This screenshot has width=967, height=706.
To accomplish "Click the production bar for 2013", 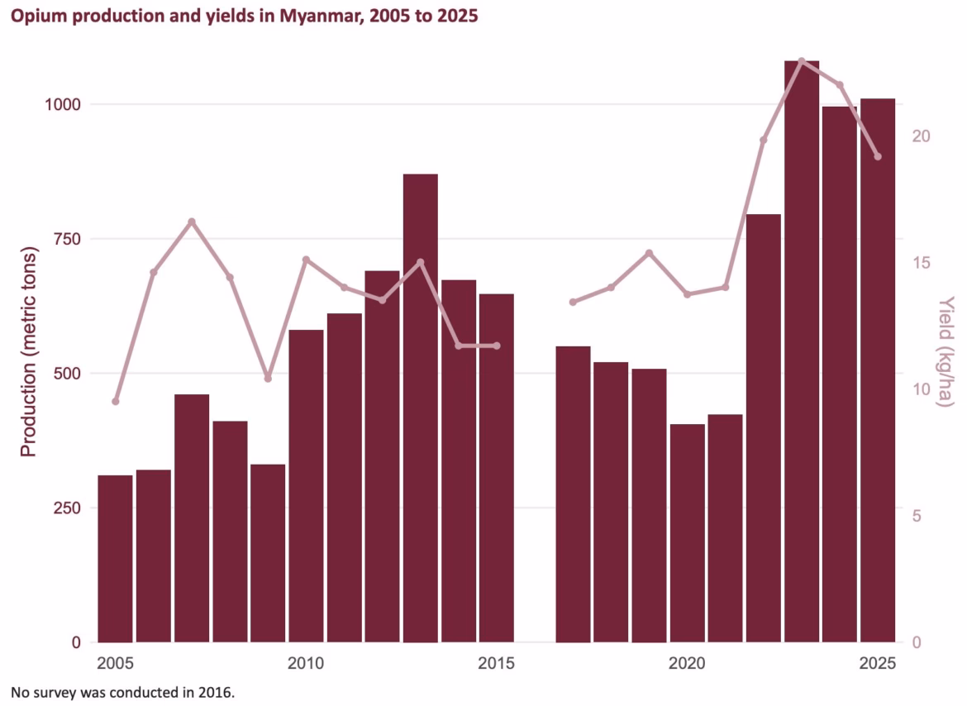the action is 421,408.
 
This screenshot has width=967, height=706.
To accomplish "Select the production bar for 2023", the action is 802,351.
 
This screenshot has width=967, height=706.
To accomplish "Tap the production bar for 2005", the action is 116,559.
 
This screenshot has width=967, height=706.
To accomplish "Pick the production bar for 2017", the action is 573,494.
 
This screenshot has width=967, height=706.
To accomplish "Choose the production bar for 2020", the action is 688,532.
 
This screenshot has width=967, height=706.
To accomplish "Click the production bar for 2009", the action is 268,553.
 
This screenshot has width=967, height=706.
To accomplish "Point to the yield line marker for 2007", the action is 192,222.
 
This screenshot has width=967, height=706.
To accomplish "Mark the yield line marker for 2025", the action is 878,156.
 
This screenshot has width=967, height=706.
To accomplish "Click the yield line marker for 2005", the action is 116,402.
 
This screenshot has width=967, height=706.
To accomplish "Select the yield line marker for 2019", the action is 650,254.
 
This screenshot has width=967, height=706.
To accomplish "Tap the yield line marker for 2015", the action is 497,346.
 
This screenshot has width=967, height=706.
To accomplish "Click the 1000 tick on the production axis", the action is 62,104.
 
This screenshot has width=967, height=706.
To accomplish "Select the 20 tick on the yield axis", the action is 921,136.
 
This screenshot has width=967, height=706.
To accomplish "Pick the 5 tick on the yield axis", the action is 917,516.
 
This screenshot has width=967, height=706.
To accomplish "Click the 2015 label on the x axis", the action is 497,664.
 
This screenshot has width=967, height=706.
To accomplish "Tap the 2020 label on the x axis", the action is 687,664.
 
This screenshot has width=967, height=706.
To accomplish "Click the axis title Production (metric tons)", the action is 28,351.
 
